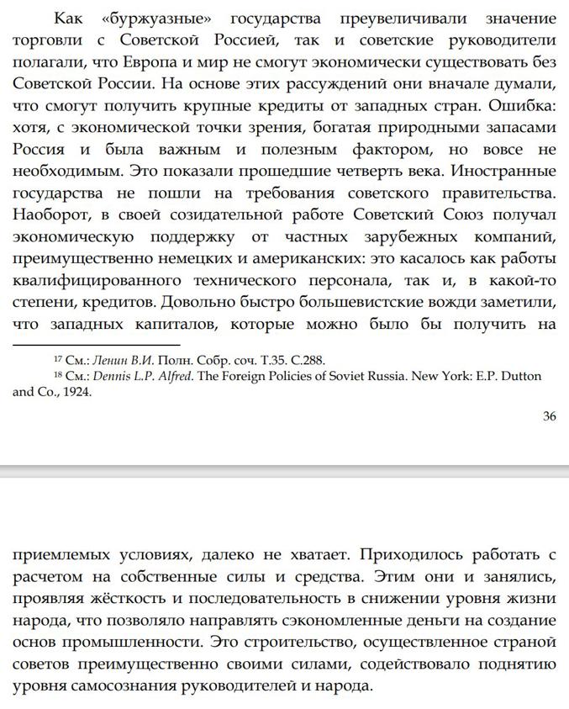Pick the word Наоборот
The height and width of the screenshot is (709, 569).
pyautogui.click(x=53, y=214)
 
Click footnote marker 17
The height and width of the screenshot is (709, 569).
pyautogui.click(x=57, y=358)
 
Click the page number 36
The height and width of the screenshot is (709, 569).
pyautogui.click(x=549, y=416)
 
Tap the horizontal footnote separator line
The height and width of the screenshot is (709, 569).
pyautogui.click(x=96, y=344)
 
